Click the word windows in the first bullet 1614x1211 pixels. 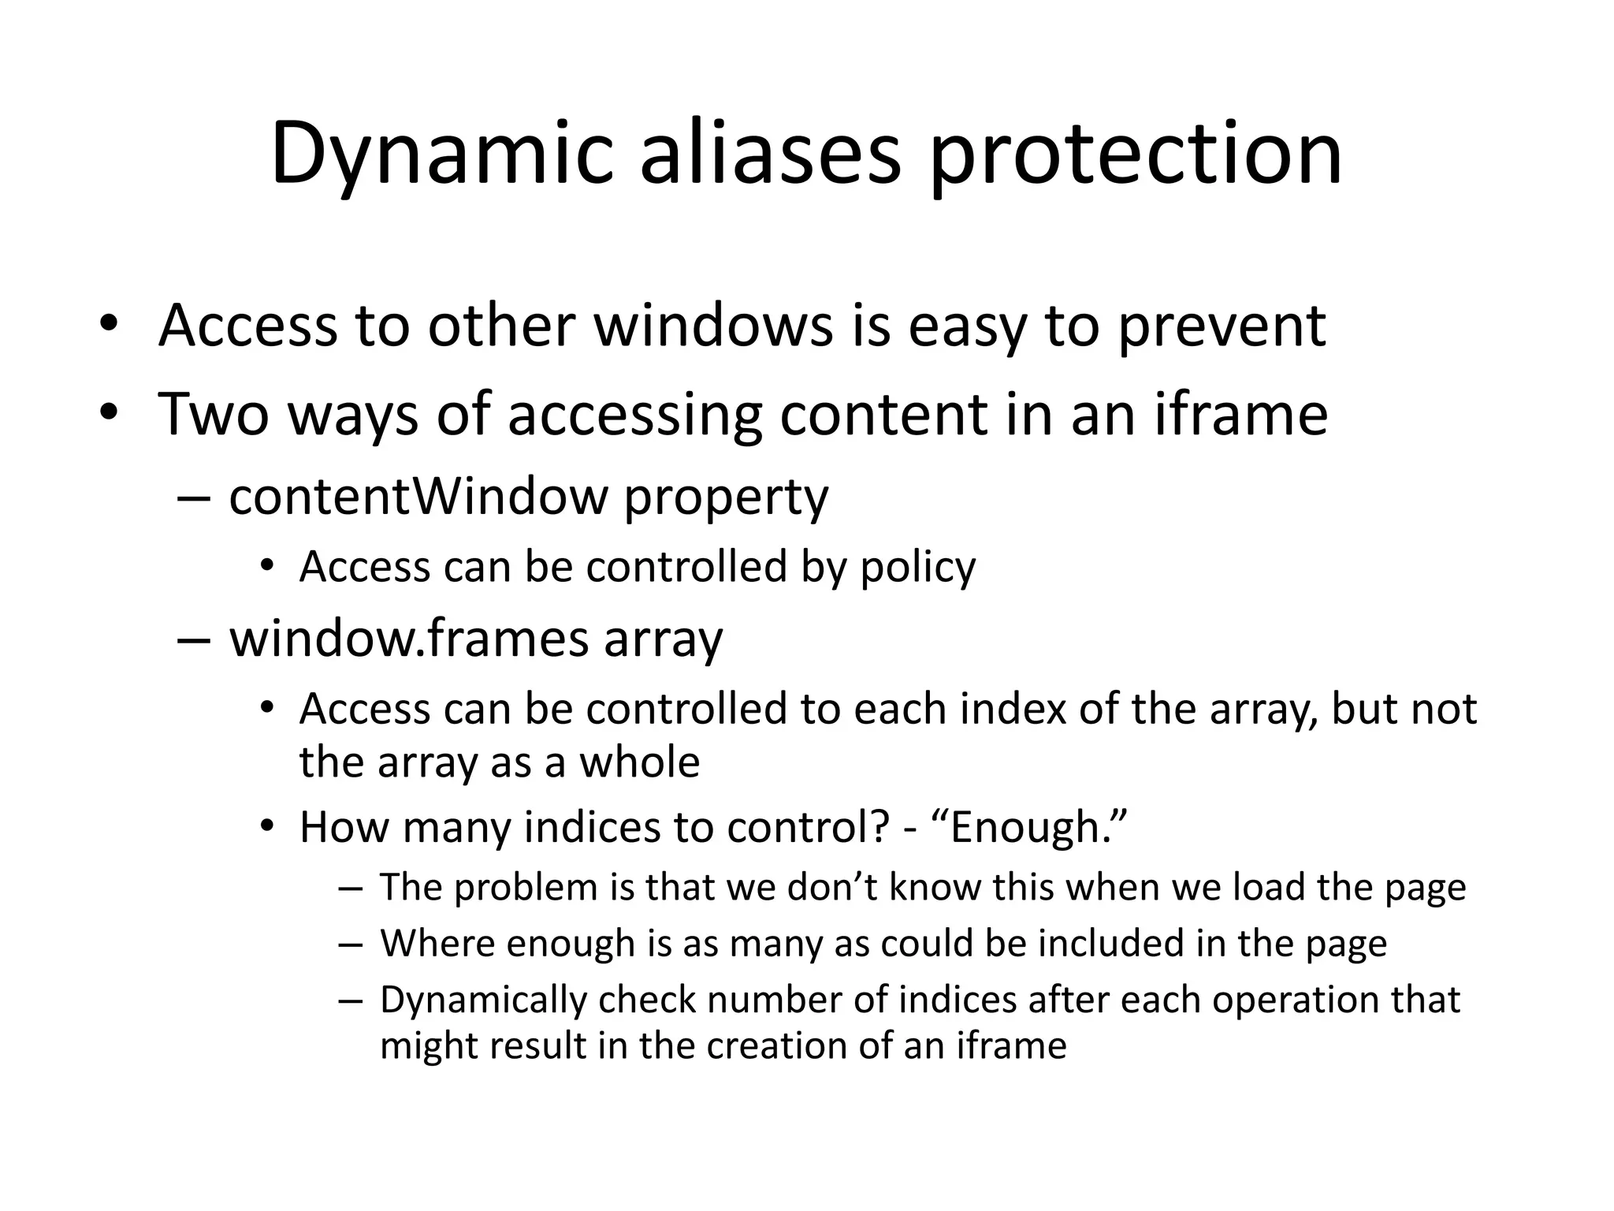click(713, 325)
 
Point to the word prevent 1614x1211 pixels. click(1222, 325)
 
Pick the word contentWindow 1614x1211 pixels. click(418, 497)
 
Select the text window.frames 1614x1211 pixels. click(409, 638)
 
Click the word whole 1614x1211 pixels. click(639, 762)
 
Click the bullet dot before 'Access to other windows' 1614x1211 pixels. click(109, 325)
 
